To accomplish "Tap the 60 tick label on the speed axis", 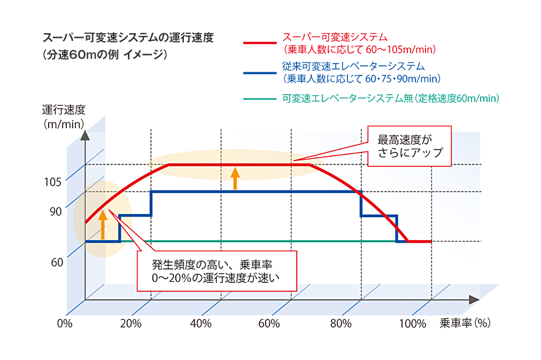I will tap(57, 262).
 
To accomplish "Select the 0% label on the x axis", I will tap(64, 324).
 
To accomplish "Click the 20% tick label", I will tap(130, 324).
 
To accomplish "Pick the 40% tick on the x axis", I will tap(200, 324).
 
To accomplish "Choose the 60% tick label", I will tap(269, 324).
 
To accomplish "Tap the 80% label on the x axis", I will tap(341, 324).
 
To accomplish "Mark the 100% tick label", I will tap(413, 324).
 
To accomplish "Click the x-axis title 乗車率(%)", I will tap(465, 323).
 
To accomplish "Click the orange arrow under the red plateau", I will tap(234, 178).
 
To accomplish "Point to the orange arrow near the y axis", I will tap(103, 224).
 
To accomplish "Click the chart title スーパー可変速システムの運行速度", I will tap(128, 39).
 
